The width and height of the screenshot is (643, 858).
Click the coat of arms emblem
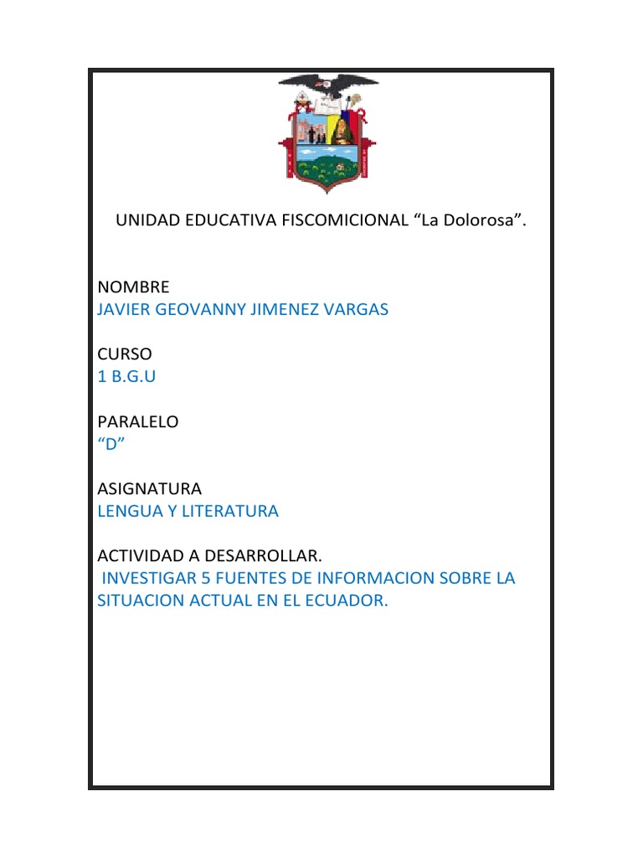(327, 133)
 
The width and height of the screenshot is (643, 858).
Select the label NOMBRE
(133, 287)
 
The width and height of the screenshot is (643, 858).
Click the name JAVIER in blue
(126, 309)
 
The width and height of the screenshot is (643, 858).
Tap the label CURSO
(125, 354)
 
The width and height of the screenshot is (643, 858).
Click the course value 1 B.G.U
(126, 376)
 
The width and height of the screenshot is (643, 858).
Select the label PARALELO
(138, 421)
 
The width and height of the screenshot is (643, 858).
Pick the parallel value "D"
(111, 444)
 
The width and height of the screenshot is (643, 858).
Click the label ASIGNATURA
(149, 488)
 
